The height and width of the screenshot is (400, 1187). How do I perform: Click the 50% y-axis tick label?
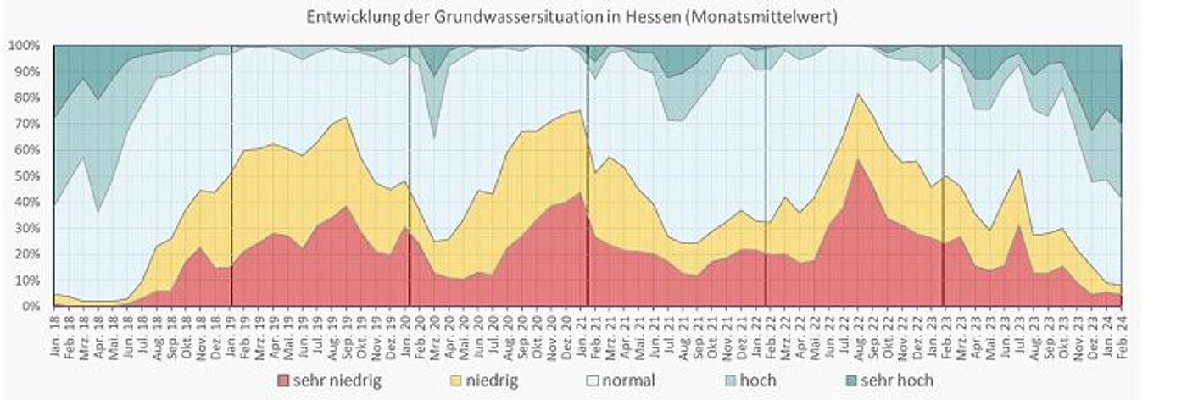click(27, 175)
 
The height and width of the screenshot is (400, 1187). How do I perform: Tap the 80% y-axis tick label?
click(27, 97)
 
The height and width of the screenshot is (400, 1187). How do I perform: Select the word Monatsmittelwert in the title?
click(772, 17)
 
